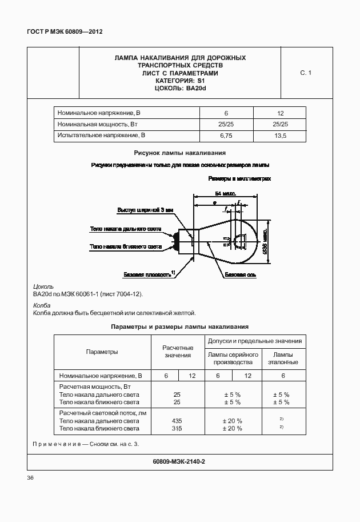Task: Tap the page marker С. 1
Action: pyautogui.click(x=305, y=73)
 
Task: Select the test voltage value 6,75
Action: pyautogui.click(x=226, y=136)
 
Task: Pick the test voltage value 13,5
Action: pyautogui.click(x=280, y=136)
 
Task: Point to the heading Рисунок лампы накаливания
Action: pyautogui.click(x=179, y=153)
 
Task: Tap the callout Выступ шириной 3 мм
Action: pyautogui.click(x=145, y=210)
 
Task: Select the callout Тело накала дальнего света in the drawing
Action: pyautogui.click(x=125, y=229)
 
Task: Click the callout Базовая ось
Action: pyautogui.click(x=240, y=275)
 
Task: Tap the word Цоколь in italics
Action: pyautogui.click(x=43, y=286)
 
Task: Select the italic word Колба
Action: pyautogui.click(x=42, y=305)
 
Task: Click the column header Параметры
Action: pyautogui.click(x=102, y=352)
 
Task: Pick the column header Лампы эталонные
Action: pyautogui.click(x=282, y=358)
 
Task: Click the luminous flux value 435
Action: pyautogui.click(x=177, y=420)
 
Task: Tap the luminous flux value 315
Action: pyautogui.click(x=177, y=428)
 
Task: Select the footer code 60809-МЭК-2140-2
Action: pyautogui.click(x=179, y=461)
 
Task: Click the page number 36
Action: pyautogui.click(x=31, y=478)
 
